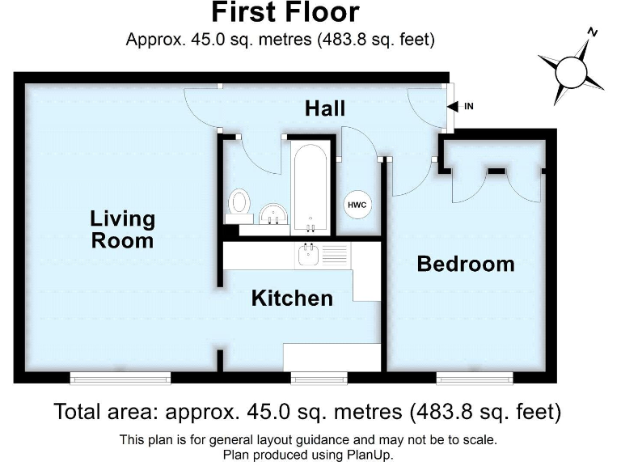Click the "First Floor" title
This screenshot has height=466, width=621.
click(x=285, y=14)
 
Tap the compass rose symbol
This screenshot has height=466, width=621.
click(x=573, y=70)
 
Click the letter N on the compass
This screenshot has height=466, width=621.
click(x=593, y=32)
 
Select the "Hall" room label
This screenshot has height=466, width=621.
click(x=325, y=108)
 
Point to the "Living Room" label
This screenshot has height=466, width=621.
click(x=122, y=229)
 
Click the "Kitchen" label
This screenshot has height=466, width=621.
click(x=292, y=298)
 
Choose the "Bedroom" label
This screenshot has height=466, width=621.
click(x=465, y=264)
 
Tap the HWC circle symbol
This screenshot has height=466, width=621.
click(x=357, y=205)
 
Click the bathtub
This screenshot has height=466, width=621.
click(x=310, y=185)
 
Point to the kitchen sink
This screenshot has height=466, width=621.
click(x=309, y=256)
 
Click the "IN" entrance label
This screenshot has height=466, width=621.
click(x=468, y=106)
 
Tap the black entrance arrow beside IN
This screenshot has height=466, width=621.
click(x=453, y=106)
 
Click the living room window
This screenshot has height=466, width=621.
click(x=120, y=377)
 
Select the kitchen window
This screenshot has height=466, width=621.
click(x=319, y=377)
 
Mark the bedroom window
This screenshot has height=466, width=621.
click(x=474, y=377)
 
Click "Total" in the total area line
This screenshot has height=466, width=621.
click(x=79, y=412)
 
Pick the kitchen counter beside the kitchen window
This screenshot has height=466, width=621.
click(x=332, y=355)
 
